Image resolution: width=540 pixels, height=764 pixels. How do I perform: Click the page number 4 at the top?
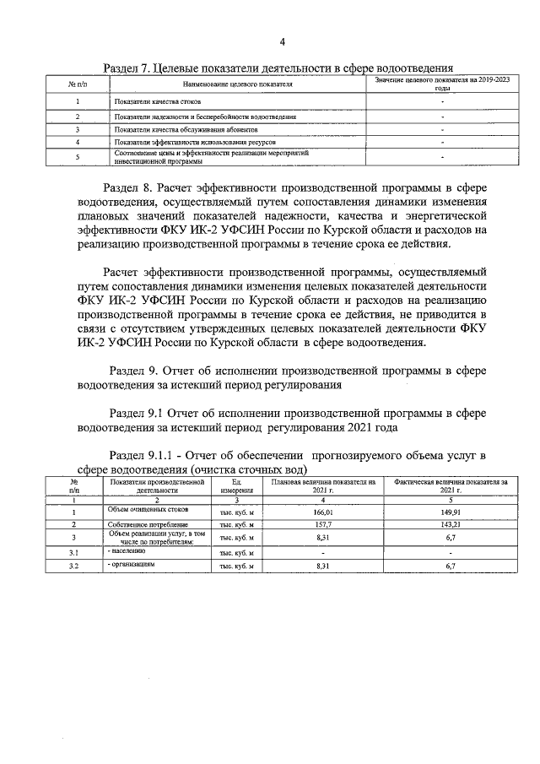pyautogui.click(x=283, y=42)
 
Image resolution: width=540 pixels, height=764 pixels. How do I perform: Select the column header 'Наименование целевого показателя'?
pyautogui.click(x=237, y=85)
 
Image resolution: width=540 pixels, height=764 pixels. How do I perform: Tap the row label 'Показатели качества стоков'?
pyautogui.click(x=153, y=101)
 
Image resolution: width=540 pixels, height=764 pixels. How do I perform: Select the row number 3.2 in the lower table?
pyautogui.click(x=73, y=565)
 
